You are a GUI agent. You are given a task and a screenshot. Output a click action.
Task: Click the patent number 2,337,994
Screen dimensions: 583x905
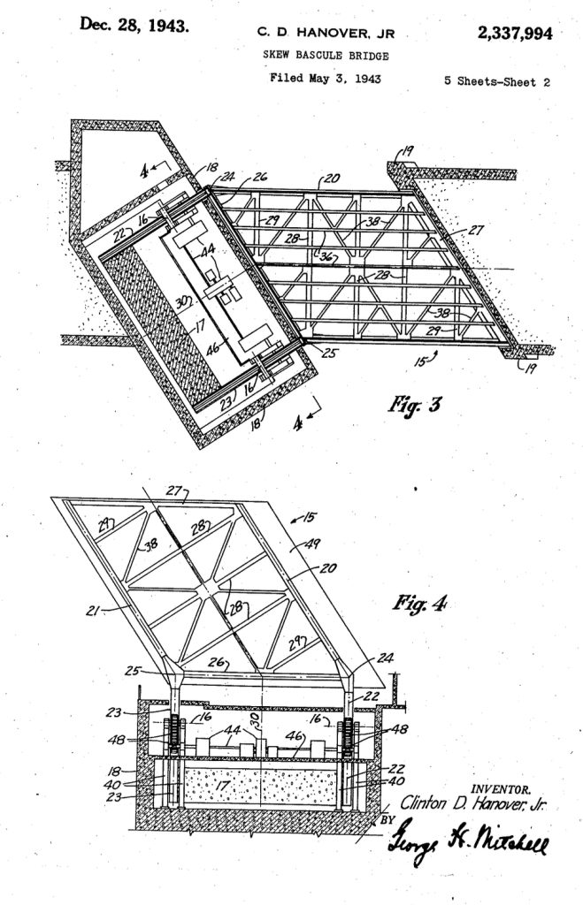pos(514,34)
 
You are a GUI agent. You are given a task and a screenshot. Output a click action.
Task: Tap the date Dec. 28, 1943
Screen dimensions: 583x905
pos(134,25)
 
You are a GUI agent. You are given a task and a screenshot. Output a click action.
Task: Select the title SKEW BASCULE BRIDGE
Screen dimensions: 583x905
pos(326,56)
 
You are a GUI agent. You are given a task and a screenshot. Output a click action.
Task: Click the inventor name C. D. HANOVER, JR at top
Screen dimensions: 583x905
pos(326,34)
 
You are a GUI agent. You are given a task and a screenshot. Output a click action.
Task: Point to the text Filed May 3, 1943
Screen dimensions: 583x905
pos(326,78)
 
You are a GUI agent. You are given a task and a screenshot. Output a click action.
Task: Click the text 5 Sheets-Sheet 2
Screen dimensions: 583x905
pos(497,81)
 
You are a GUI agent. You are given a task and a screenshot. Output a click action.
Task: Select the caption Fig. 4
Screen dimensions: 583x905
pos(420,604)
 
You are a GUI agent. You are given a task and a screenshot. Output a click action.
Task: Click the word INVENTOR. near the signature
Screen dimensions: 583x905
pos(501,789)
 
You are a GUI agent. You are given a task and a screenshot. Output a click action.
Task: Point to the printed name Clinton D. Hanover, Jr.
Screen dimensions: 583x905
pos(472,803)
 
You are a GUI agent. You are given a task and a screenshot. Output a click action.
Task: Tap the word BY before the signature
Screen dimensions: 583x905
pos(388,819)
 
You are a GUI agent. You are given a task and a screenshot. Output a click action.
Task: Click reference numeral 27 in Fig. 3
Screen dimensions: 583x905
pos(476,230)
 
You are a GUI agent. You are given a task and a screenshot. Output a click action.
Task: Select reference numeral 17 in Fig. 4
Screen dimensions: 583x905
pos(222,785)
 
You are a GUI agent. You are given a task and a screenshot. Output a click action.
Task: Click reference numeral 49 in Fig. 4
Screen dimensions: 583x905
pos(312,544)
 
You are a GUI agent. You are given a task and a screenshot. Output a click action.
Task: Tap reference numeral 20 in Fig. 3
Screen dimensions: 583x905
pos(332,178)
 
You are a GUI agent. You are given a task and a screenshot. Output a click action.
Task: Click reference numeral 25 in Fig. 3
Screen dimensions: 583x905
pos(329,353)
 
